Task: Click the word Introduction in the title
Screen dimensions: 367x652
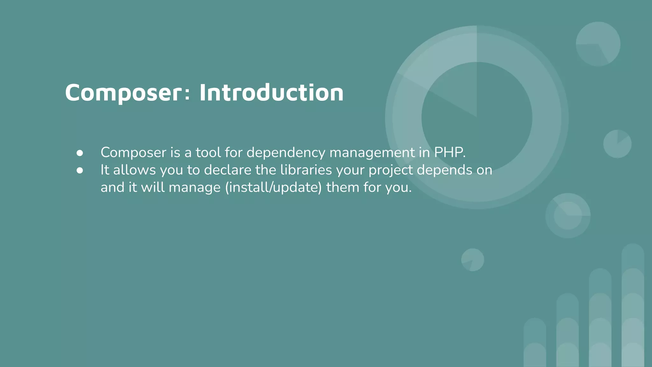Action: point(271,93)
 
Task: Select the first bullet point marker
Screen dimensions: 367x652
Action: point(80,153)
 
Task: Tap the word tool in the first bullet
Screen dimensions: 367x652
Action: point(208,153)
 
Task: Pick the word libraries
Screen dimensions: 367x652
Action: point(306,170)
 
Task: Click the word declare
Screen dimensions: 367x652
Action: point(228,170)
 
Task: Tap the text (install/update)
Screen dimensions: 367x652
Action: point(273,187)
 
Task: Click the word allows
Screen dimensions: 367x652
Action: point(134,170)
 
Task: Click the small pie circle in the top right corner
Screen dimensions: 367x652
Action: point(598,44)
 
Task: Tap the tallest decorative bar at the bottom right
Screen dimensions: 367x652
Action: point(633,306)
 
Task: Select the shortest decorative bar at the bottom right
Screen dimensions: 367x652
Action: point(535,342)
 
